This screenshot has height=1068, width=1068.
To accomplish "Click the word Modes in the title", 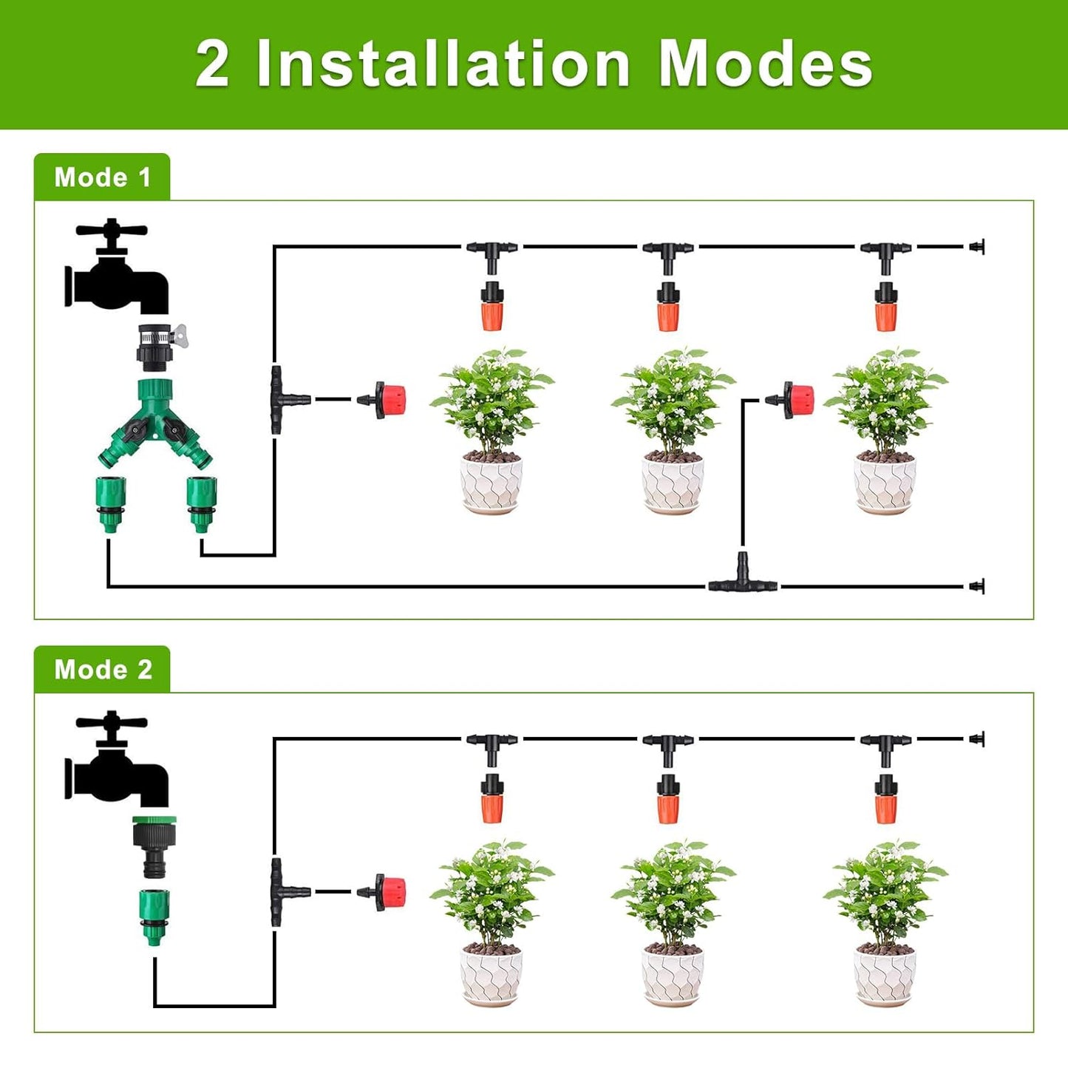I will (765, 64).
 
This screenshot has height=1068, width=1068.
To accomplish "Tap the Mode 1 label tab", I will (102, 177).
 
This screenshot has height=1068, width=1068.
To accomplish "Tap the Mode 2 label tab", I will (102, 670).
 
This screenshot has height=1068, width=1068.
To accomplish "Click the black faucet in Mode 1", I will (118, 270).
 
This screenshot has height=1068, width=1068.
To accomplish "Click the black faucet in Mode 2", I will (118, 761).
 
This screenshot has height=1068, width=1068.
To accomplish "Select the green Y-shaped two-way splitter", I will (154, 421).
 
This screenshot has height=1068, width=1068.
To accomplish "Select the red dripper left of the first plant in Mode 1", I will (387, 400).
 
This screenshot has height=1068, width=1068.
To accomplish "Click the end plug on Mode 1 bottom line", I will (977, 586).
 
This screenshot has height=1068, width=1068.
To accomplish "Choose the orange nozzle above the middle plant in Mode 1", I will (667, 307).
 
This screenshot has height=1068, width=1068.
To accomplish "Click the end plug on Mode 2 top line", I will (977, 738).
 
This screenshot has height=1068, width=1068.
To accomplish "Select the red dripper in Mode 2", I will (387, 892).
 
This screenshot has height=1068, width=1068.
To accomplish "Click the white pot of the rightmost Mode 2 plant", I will (885, 976).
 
